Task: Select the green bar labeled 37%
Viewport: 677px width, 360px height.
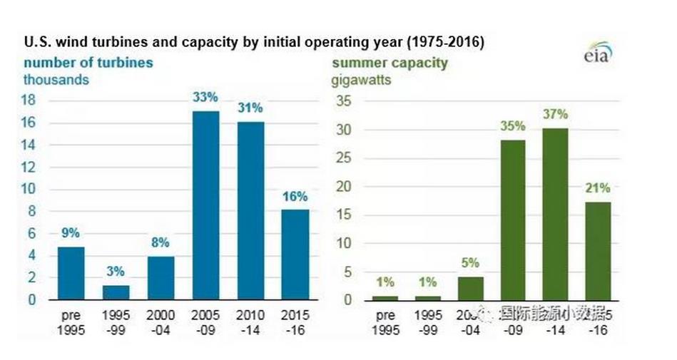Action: tap(556, 214)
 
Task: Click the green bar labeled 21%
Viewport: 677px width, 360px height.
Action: tap(599, 250)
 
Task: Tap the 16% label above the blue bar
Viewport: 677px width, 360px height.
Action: tap(294, 196)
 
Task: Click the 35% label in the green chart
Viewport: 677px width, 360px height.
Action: tap(512, 126)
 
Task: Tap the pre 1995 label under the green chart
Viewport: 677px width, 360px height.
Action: tap(385, 320)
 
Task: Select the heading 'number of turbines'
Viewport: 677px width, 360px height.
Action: tap(88, 63)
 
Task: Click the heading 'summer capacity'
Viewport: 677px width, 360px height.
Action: tap(390, 63)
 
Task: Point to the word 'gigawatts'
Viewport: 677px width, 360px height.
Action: tap(361, 80)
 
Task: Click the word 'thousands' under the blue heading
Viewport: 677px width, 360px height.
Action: tap(56, 80)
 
